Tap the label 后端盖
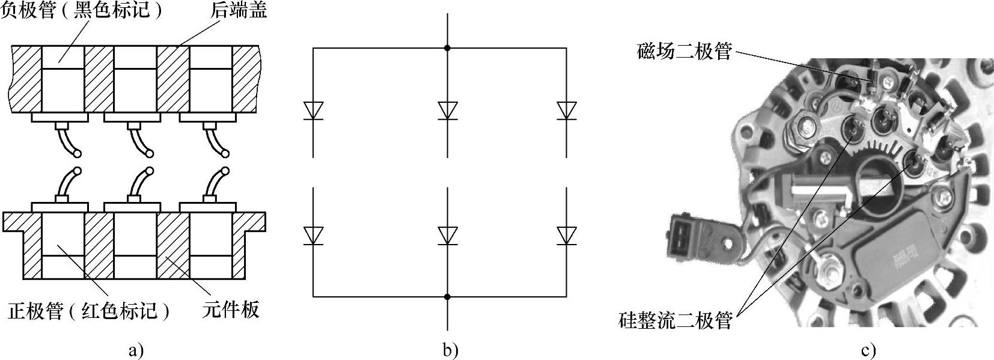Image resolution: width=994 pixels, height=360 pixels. (x=239, y=11)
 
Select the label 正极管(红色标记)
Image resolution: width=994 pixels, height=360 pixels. (x=88, y=311)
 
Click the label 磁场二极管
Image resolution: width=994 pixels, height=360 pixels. (x=685, y=52)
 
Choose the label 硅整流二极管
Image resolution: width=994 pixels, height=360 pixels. (x=675, y=320)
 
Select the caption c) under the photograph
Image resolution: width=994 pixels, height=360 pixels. (x=868, y=350)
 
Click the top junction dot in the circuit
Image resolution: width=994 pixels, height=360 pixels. (x=447, y=47)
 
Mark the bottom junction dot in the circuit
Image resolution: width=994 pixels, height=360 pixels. (x=447, y=296)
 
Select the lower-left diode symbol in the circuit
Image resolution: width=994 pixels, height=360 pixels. (x=313, y=235)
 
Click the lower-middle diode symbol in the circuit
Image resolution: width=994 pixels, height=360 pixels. (x=447, y=235)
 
